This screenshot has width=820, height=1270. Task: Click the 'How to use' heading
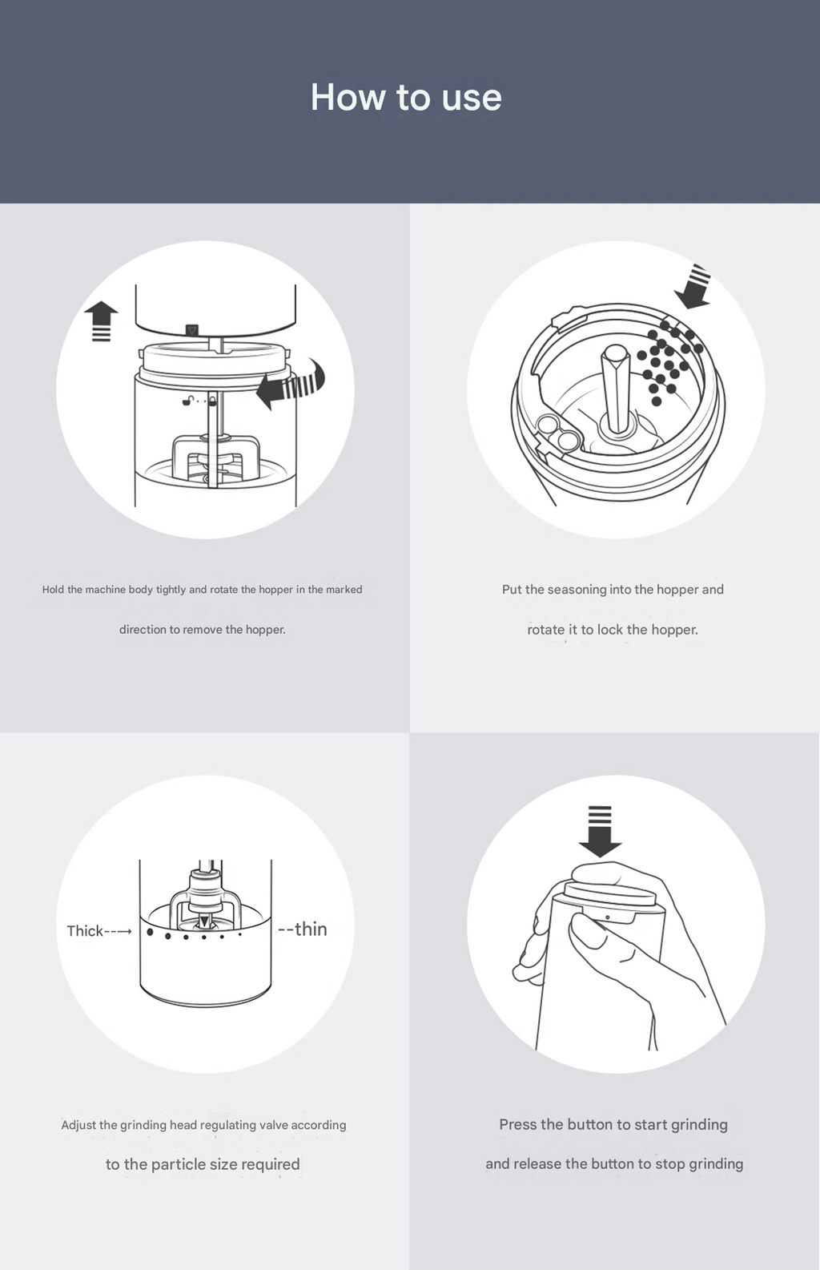[x=406, y=97]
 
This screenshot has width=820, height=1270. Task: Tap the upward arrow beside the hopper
[x=101, y=321]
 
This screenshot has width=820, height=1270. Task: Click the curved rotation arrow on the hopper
[x=291, y=383]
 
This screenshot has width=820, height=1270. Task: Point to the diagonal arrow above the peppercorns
[x=693, y=286]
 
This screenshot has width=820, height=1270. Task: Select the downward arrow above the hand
[x=600, y=831]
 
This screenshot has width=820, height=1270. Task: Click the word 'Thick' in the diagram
[x=85, y=930]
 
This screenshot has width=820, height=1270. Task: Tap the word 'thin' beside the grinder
[x=311, y=929]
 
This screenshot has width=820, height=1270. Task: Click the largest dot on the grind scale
[x=151, y=931]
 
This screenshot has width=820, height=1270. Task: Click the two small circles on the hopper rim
[x=557, y=431]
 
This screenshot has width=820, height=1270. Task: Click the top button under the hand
[x=609, y=892]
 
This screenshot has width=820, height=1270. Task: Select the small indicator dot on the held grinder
[x=608, y=917]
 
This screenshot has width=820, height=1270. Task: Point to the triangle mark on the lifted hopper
[x=193, y=330]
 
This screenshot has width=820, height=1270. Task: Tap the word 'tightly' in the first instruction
[x=171, y=590]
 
